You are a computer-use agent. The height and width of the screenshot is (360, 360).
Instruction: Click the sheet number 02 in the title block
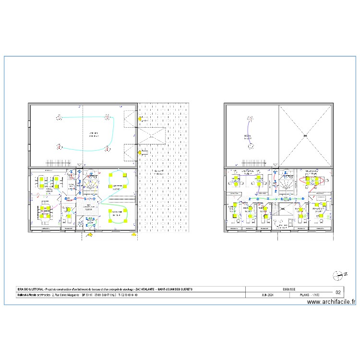point(338,292)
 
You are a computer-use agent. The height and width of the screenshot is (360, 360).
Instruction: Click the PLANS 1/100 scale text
point(309,295)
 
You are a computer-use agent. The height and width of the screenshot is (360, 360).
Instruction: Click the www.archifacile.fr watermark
point(331,302)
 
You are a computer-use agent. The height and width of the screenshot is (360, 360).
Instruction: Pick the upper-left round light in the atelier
point(59,117)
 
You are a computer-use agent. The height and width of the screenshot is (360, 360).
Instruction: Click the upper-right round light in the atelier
point(108,117)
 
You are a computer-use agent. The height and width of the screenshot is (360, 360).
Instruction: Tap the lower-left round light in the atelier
point(59,146)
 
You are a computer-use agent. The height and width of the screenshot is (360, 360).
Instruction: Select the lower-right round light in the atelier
point(108,146)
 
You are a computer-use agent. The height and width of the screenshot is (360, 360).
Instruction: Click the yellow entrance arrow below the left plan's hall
point(89,235)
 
